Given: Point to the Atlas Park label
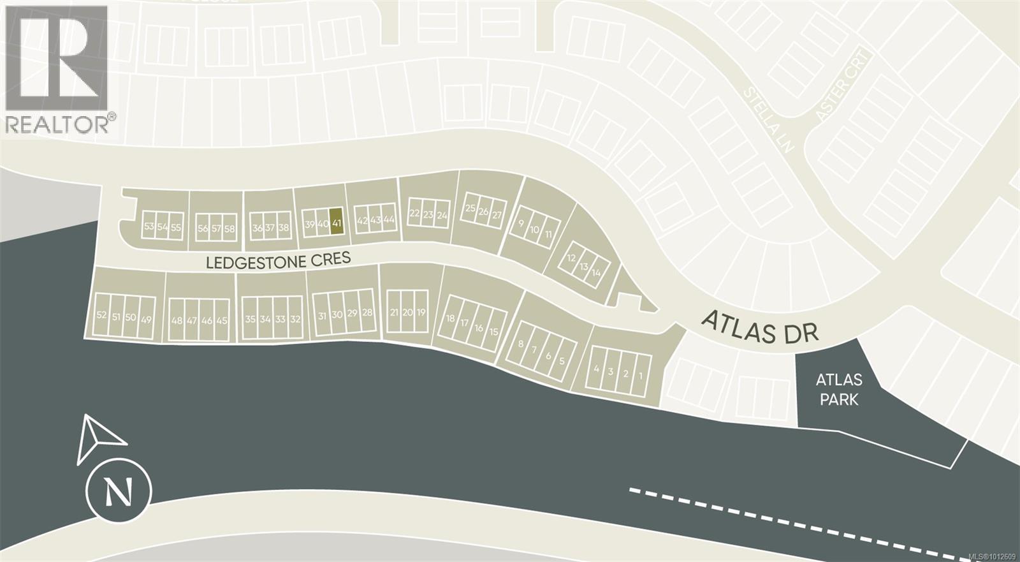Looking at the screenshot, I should point(839,390).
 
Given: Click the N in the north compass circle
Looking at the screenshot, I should point(119,492).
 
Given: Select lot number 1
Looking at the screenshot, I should point(641,376).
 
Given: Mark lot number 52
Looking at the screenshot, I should point(101,315).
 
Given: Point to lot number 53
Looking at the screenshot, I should point(149,227).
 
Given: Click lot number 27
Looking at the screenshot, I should point(497,216).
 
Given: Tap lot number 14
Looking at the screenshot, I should point(596,272).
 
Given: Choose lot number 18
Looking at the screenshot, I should point(451,318).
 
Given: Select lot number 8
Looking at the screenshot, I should point(521,344).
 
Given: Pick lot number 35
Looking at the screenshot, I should point(250,319).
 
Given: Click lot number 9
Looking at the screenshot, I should point(521,223).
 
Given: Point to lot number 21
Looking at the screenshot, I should point(394,313).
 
